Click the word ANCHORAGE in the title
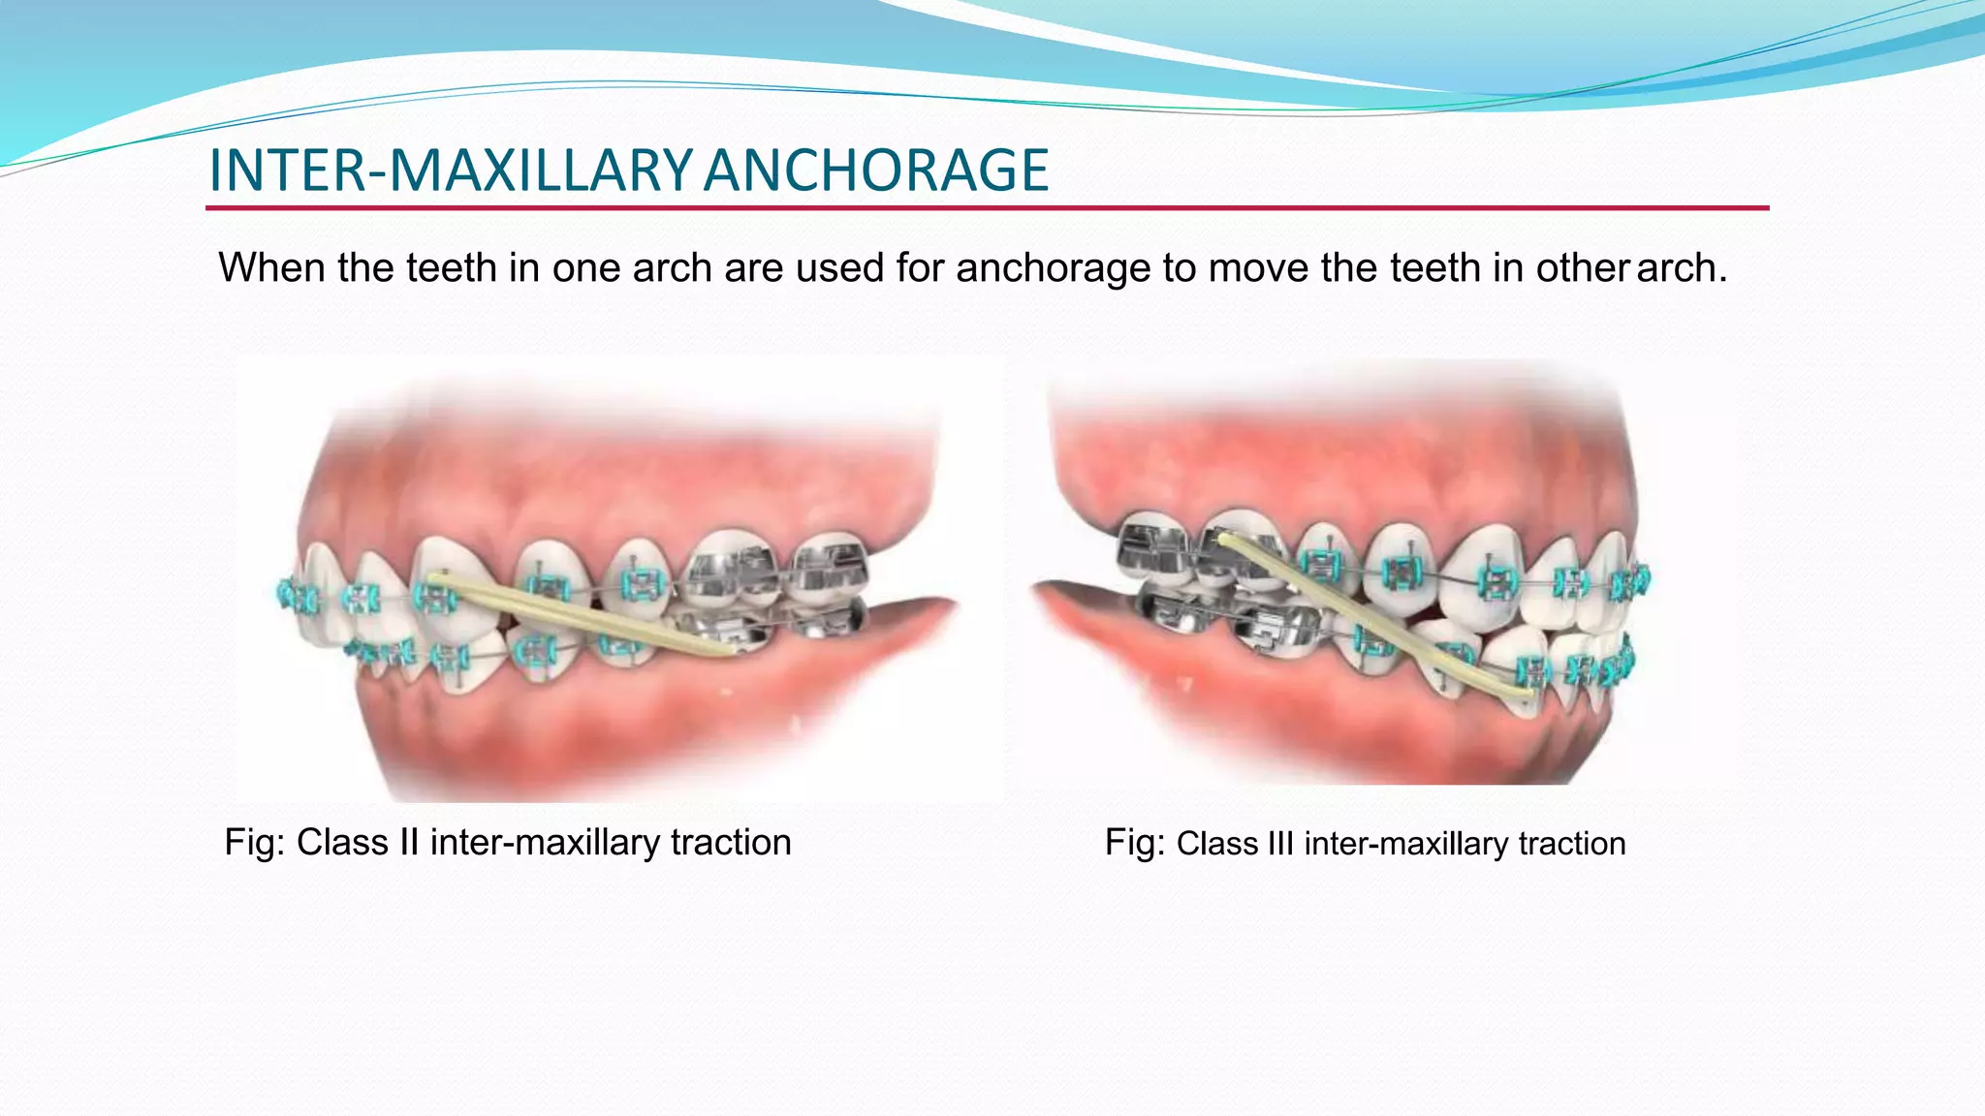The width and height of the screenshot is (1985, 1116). pos(876,170)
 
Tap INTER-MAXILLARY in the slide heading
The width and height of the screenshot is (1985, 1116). pos(451,170)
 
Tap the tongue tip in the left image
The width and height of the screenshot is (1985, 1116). pos(945,606)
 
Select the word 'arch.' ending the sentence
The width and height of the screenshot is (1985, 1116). pos(1682,268)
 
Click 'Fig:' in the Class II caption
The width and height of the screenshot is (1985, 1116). pos(254,843)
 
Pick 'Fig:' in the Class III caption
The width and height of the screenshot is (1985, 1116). pos(1134,844)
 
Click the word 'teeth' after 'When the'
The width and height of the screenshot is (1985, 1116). pos(452,268)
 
